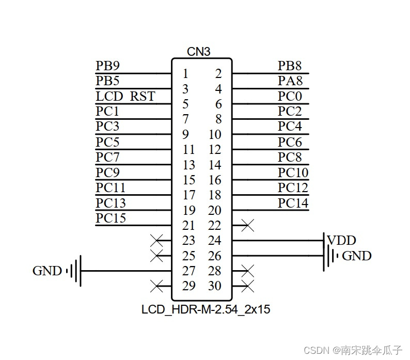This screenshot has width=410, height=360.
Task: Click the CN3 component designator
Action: [199, 52]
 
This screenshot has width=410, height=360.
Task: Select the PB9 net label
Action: [107, 66]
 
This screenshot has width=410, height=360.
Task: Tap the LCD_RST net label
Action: [125, 97]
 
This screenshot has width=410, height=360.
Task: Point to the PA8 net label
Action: [290, 81]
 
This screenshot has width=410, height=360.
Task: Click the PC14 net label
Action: [293, 203]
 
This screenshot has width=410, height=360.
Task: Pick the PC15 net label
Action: [111, 218]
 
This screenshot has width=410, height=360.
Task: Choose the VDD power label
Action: [341, 240]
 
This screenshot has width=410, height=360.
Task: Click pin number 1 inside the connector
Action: [185, 74]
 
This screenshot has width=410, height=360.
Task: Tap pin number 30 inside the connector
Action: [215, 286]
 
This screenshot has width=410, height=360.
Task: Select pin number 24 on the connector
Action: [215, 241]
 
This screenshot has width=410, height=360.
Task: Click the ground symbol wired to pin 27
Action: [75, 271]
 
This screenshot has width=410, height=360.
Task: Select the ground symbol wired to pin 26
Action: [330, 256]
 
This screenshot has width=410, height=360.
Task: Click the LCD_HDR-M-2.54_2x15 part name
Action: [206, 310]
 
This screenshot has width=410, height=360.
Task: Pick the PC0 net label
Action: [290, 97]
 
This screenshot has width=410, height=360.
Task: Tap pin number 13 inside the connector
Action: [189, 165]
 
